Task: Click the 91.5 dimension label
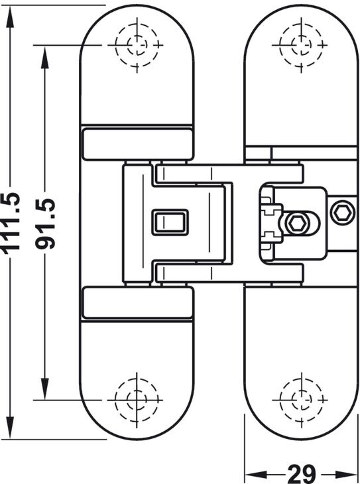click(x=45, y=224)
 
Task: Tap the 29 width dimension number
click(x=302, y=473)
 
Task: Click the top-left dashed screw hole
click(x=137, y=45)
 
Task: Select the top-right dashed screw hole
click(x=302, y=45)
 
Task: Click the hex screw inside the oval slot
click(x=297, y=223)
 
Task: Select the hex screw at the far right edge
click(x=342, y=212)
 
